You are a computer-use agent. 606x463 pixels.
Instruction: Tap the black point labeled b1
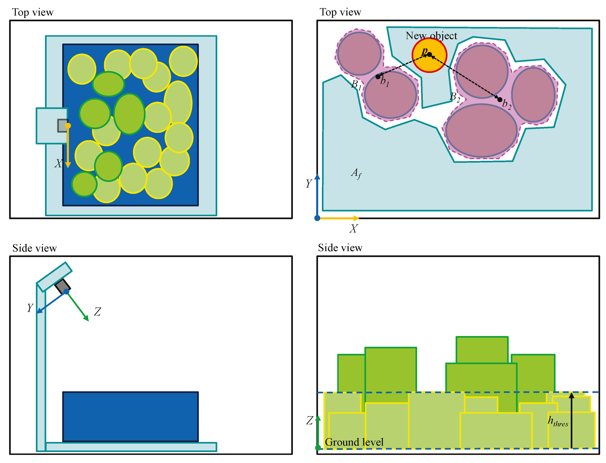pyautogui.click(x=378, y=77)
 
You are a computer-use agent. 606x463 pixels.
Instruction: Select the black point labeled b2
pyautogui.click(x=500, y=99)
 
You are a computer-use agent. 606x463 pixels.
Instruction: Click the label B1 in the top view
pyautogui.click(x=356, y=84)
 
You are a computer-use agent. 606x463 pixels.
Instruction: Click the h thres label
pyautogui.click(x=558, y=422)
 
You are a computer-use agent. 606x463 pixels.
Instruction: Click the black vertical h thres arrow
pyautogui.click(x=571, y=420)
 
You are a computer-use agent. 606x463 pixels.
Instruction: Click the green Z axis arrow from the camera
pyautogui.click(x=77, y=306)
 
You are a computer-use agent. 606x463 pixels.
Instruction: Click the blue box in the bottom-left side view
pyautogui.click(x=130, y=417)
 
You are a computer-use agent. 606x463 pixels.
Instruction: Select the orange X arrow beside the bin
pyautogui.click(x=68, y=146)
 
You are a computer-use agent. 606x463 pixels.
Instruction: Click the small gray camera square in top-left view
pyautogui.click(x=63, y=125)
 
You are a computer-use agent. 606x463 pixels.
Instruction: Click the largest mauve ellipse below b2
pyautogui.click(x=481, y=131)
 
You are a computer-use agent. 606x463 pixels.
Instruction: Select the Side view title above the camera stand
pyautogui.click(x=34, y=248)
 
